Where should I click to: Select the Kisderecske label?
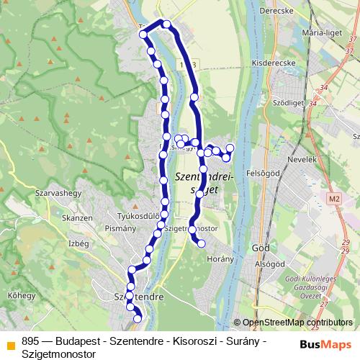[269, 63]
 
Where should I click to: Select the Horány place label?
[220, 258]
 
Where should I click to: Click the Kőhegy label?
[22, 295]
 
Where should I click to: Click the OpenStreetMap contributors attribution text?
[297, 323]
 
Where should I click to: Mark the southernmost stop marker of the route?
[138, 319]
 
